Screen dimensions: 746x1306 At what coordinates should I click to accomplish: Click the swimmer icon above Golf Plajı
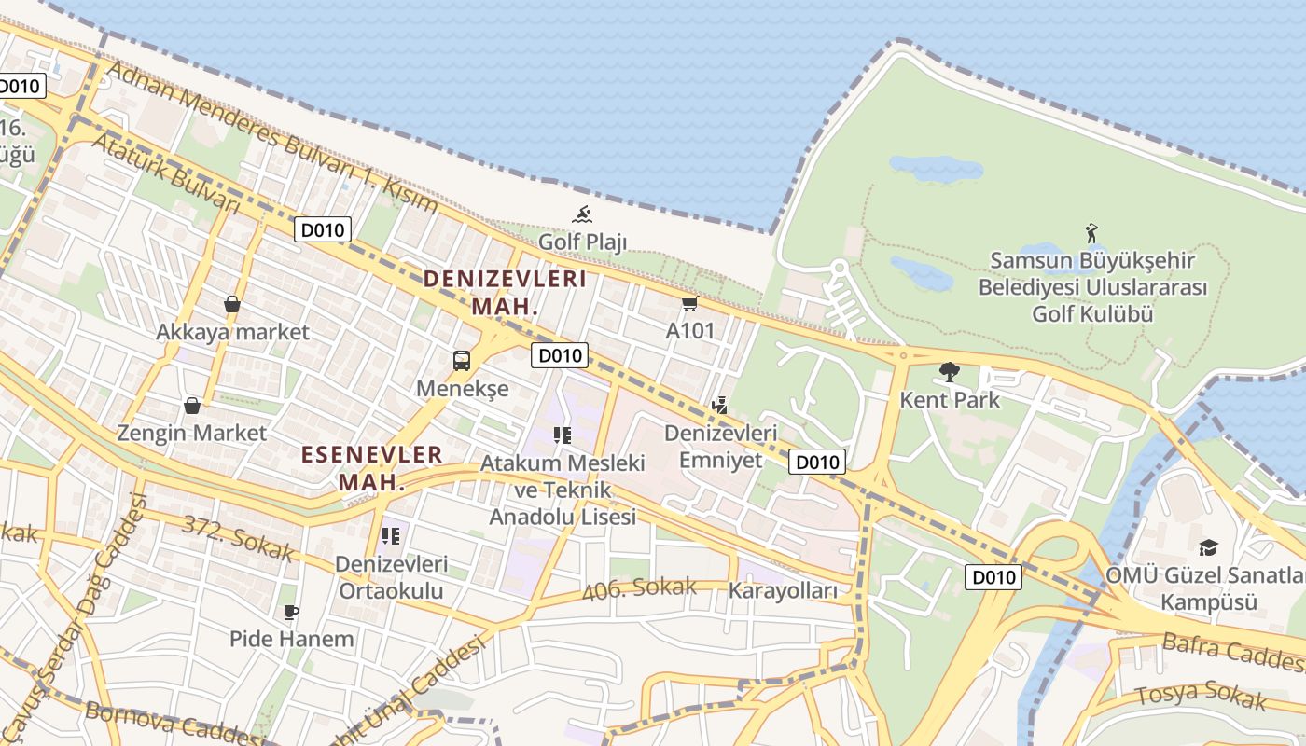click(582, 214)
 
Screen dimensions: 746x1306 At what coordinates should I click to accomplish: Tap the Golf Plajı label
click(582, 242)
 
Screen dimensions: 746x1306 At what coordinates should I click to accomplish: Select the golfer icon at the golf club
click(1091, 232)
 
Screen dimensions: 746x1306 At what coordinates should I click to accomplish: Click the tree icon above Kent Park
click(950, 372)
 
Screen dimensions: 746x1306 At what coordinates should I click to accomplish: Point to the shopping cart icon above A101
click(689, 303)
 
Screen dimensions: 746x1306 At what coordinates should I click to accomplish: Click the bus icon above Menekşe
click(462, 360)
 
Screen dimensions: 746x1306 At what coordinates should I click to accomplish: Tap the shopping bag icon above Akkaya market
click(232, 304)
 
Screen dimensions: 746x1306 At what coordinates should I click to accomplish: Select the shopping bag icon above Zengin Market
click(191, 406)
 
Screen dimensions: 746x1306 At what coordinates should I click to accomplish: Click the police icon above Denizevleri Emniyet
click(719, 405)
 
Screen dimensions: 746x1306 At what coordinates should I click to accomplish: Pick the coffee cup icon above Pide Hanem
click(291, 612)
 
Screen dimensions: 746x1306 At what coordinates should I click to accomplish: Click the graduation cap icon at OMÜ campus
click(1208, 547)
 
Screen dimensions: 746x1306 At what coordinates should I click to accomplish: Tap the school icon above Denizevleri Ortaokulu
click(391, 535)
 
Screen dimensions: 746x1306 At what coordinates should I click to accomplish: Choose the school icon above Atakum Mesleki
click(562, 435)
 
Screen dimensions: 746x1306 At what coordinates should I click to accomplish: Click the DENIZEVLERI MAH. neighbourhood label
click(505, 292)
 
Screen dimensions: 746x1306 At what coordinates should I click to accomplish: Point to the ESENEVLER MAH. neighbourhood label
click(371, 468)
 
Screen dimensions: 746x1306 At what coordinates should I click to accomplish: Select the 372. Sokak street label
click(237, 538)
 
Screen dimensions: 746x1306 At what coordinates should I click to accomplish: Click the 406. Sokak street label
click(639, 588)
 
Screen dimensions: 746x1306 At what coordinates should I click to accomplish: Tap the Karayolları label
click(783, 590)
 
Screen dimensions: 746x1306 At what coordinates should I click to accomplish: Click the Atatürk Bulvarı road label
click(166, 173)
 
